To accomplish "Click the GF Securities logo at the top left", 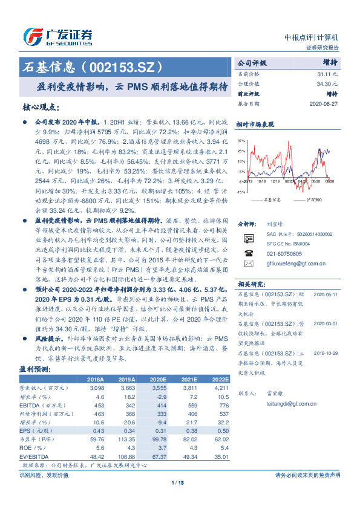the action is [x=57, y=34].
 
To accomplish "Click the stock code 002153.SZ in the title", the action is [x=127, y=65].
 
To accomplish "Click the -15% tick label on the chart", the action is [x=241, y=191].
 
